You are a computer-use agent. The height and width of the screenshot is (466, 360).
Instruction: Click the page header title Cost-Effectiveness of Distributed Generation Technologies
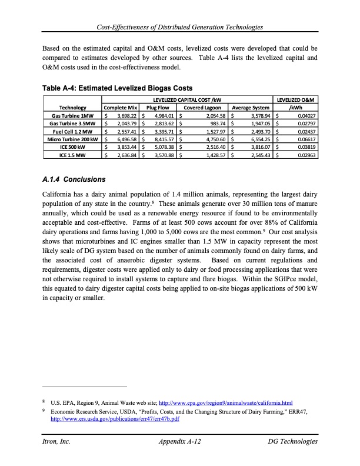[x=180, y=28]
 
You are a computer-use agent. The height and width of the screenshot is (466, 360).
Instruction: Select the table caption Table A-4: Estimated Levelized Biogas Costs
[x=118, y=88]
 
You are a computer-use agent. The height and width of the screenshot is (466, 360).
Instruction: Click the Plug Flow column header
[x=158, y=108]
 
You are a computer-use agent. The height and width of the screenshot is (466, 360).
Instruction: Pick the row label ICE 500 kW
[x=75, y=148]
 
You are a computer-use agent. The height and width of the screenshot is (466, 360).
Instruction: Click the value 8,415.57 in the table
[x=161, y=140]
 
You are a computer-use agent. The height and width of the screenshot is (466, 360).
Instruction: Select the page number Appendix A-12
[x=181, y=441]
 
